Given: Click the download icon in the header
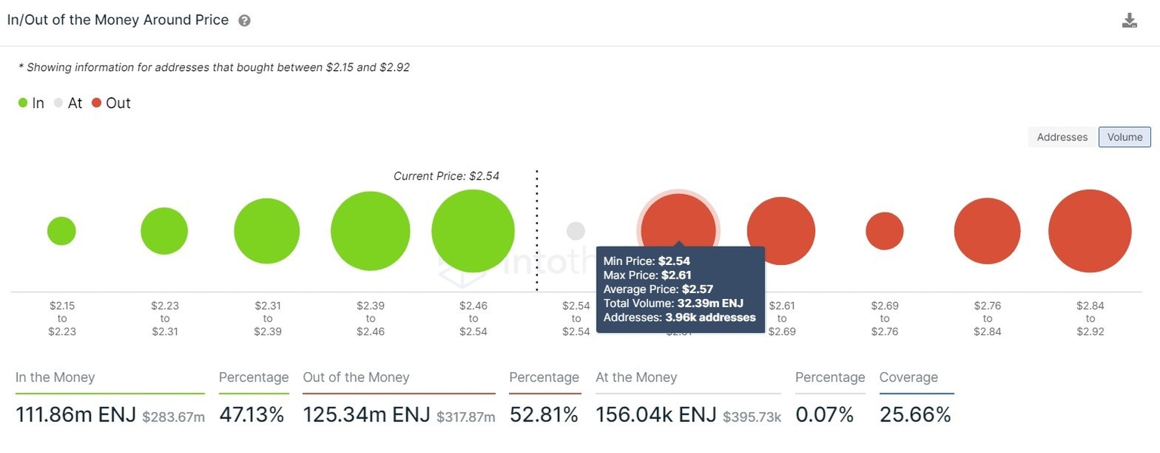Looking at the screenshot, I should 1129,20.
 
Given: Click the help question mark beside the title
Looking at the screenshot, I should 244,21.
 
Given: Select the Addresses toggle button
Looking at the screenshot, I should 1062,137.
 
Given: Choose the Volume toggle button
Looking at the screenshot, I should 1125,137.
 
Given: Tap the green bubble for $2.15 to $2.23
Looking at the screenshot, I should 61,231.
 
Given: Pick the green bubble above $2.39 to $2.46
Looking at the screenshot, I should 370,231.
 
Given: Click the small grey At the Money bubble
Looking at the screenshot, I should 575,231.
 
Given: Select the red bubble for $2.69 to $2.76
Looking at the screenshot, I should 884,231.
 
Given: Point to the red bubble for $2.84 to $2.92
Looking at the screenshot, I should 1090,231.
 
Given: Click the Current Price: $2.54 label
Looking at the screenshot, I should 446,176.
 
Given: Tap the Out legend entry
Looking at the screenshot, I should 111,103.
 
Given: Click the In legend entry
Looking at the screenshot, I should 31,103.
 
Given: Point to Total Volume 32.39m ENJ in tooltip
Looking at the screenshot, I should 673,304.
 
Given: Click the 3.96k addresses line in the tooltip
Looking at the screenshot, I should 679,317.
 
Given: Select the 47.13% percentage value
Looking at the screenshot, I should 251,414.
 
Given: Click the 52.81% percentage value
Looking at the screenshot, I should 544,414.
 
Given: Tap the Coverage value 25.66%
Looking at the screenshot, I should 915,414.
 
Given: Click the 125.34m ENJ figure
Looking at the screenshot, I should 366,414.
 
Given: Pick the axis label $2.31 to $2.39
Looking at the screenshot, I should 267,319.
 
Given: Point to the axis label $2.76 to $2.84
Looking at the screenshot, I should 987,319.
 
